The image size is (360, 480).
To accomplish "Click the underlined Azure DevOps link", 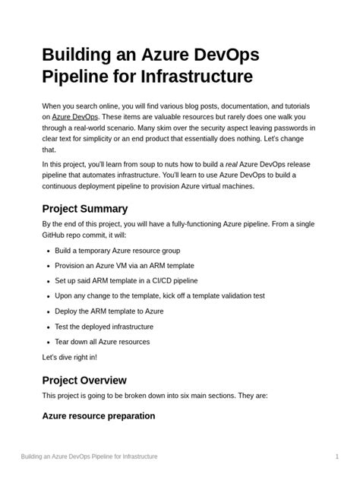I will pos(76,118).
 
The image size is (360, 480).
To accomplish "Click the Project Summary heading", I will pos(84,208).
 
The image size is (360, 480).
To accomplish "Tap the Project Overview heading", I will pos(84,380).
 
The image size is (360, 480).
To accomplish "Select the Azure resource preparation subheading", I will pos(98,416).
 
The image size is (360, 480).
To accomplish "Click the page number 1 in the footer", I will pos(336,456).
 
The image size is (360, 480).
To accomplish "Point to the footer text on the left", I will pos(89,456).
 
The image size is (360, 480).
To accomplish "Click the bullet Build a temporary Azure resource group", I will pos(117,251).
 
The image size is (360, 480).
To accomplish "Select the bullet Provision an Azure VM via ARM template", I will pos(124,266).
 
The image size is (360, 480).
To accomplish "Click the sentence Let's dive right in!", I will pos(69,357).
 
